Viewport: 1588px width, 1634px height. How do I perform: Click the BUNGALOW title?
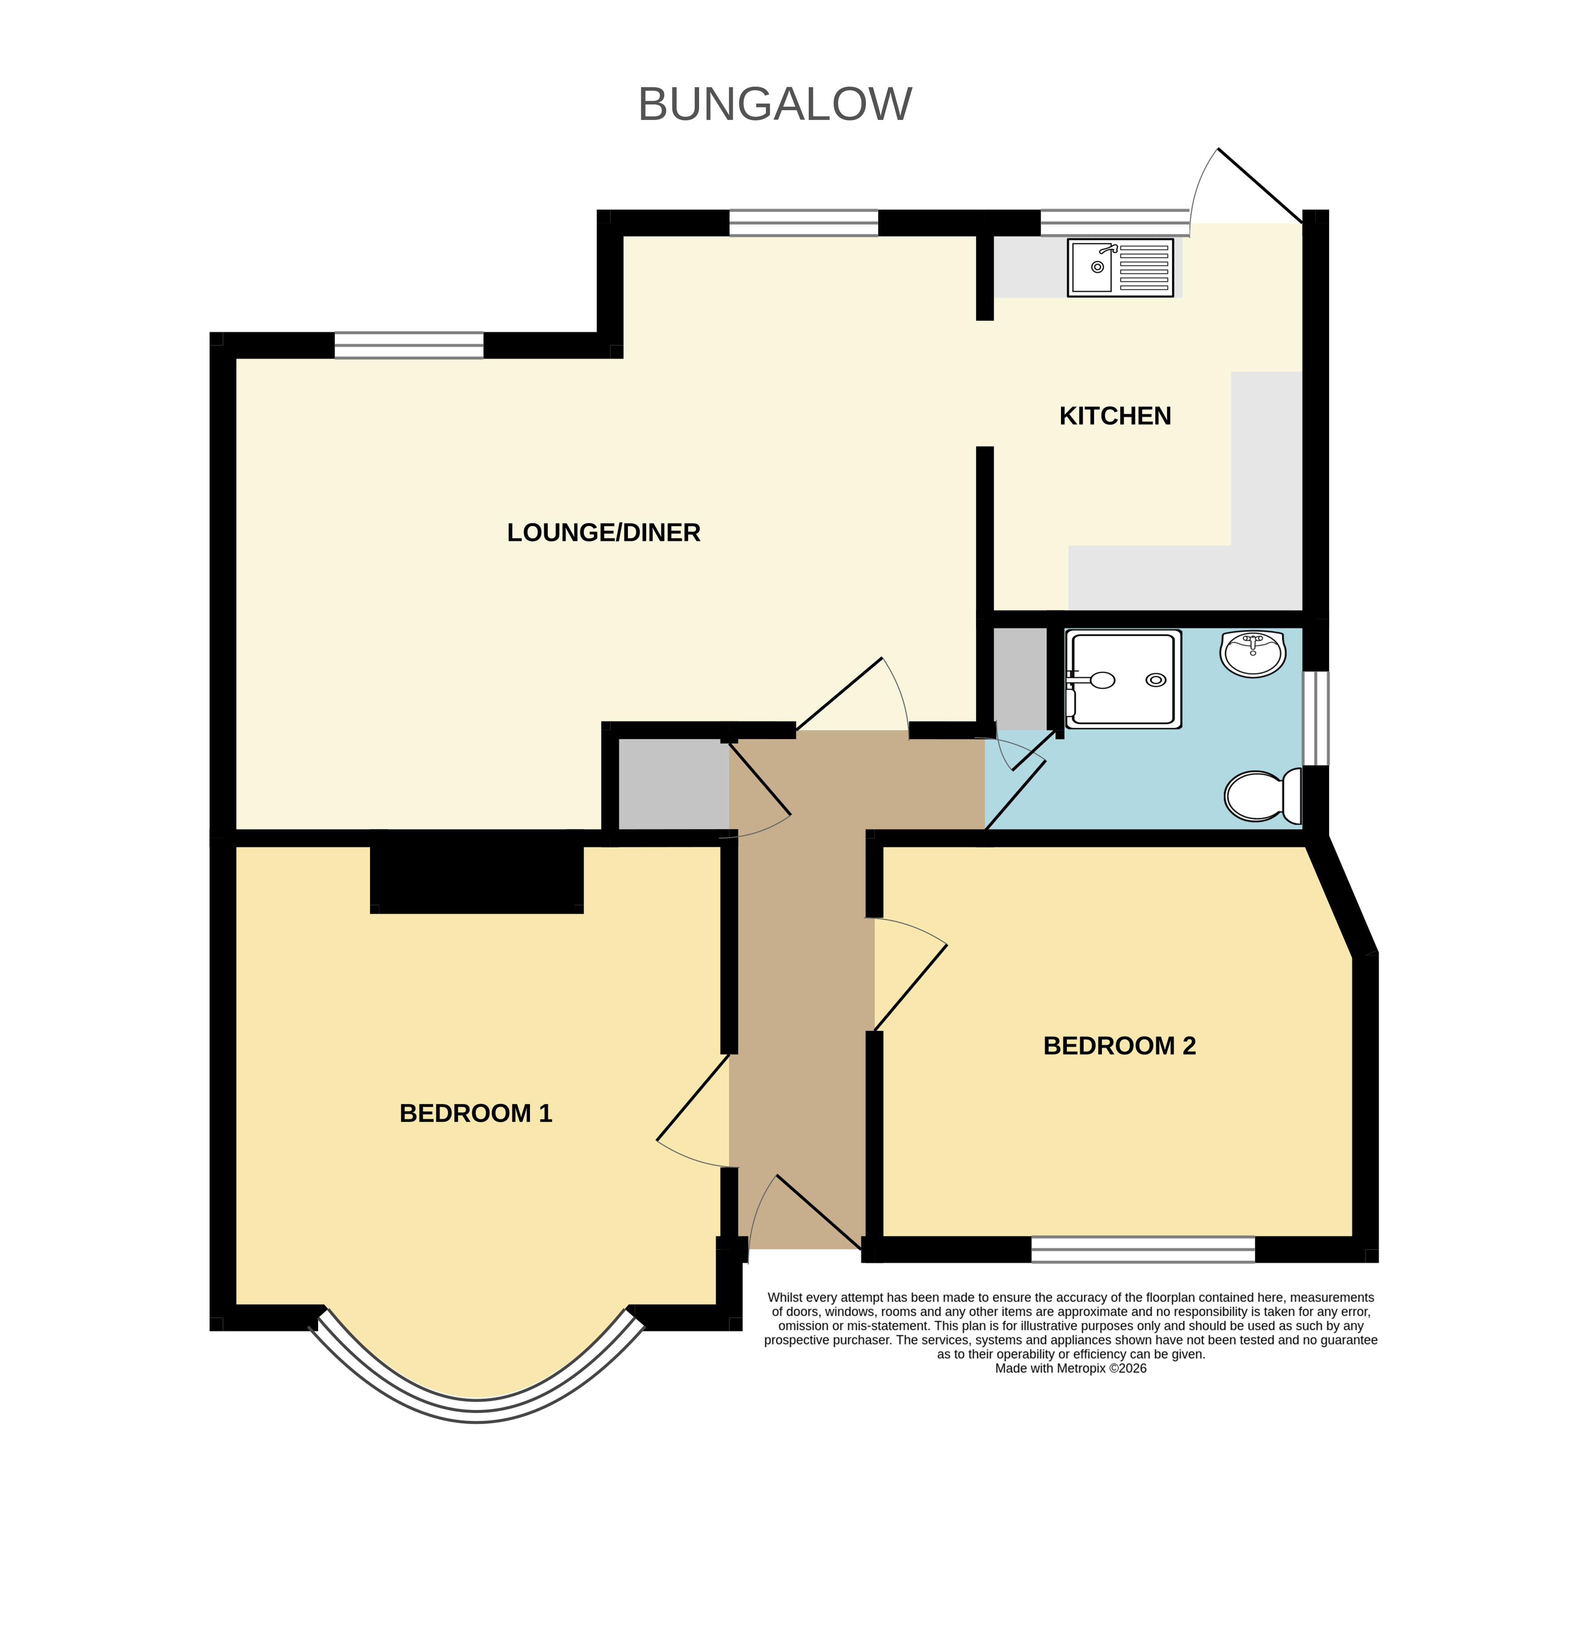click(x=775, y=104)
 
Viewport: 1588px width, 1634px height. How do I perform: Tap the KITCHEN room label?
click(x=1115, y=416)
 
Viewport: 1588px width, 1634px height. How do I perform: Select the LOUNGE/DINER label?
click(x=604, y=533)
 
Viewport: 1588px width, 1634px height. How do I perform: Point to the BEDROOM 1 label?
click(x=475, y=1113)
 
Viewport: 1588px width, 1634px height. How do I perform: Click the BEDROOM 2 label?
click(x=1119, y=1046)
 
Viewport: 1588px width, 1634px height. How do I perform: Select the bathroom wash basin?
click(x=1253, y=653)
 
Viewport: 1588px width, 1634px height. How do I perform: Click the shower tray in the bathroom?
click(x=1123, y=679)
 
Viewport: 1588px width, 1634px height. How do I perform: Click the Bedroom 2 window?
click(x=1142, y=1249)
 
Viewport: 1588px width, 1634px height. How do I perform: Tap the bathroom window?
click(x=1315, y=718)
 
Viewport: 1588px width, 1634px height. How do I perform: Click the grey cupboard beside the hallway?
click(x=673, y=784)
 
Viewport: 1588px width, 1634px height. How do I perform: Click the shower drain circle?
click(x=1156, y=680)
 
